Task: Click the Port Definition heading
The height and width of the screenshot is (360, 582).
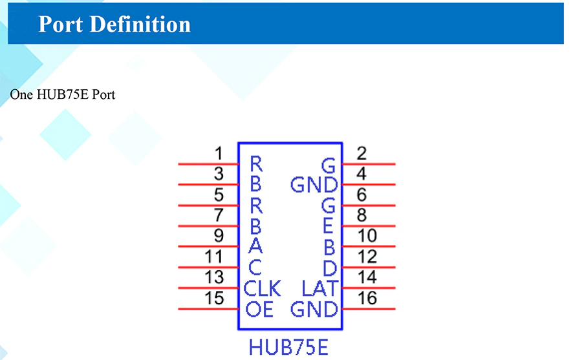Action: click(x=114, y=24)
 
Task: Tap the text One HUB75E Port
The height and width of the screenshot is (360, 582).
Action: click(x=63, y=94)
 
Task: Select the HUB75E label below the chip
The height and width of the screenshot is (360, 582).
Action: click(x=288, y=347)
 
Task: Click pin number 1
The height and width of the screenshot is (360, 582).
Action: click(x=219, y=154)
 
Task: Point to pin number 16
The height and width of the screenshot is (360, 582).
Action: click(x=367, y=299)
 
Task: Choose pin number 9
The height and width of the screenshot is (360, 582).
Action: click(x=219, y=237)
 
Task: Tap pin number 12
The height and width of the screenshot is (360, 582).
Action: click(x=367, y=257)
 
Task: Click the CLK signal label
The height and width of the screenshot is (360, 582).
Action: click(x=262, y=288)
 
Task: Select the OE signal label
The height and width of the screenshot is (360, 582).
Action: click(x=259, y=309)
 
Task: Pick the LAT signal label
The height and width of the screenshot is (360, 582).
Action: click(x=320, y=288)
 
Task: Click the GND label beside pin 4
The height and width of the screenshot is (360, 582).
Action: click(x=314, y=185)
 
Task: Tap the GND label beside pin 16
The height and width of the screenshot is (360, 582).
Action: click(x=314, y=309)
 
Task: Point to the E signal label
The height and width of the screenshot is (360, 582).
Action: click(x=328, y=226)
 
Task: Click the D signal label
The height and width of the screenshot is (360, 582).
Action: click(x=330, y=268)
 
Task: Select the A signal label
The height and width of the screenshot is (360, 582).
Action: click(x=255, y=246)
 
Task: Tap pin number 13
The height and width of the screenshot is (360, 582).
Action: click(x=214, y=278)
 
